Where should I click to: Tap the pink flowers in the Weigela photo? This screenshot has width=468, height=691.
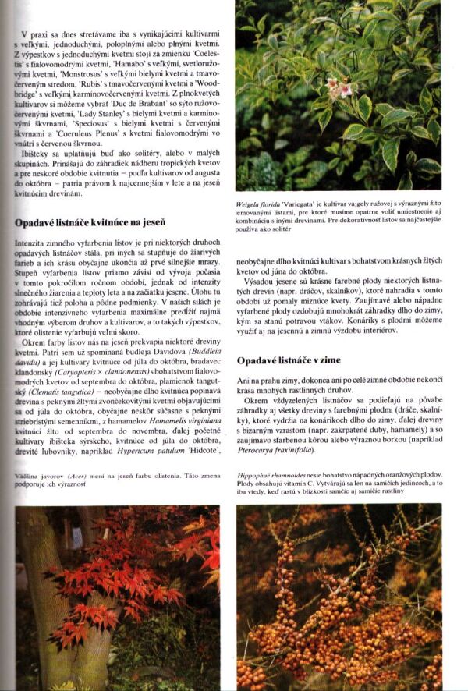coord(337,87)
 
